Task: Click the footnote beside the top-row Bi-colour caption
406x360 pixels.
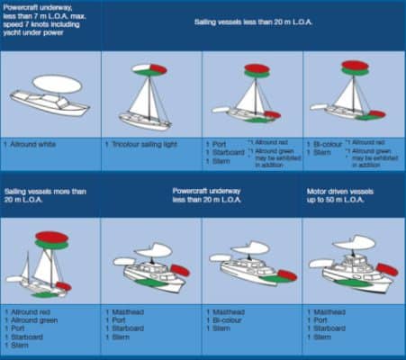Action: (374, 150)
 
